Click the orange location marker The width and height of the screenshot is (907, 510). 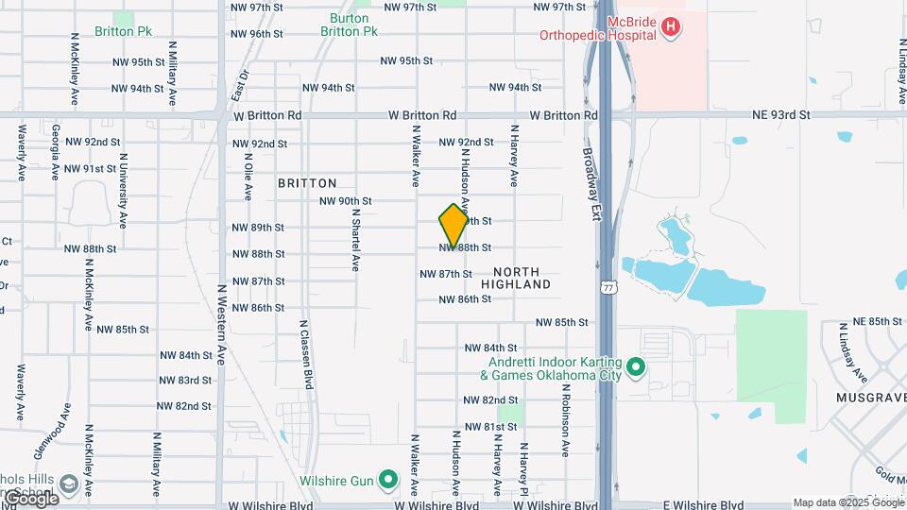[453, 226]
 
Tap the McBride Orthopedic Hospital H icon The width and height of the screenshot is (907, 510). [670, 26]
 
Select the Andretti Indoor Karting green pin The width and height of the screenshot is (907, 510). [636, 365]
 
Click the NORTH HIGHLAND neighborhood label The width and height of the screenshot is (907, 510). [516, 278]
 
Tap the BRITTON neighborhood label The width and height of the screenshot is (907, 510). [307, 183]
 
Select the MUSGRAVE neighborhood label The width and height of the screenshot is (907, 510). [870, 399]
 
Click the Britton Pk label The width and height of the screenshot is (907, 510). [123, 31]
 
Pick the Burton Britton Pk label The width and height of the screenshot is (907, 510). [354, 25]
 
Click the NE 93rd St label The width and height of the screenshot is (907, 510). [781, 115]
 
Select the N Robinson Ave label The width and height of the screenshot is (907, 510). [567, 419]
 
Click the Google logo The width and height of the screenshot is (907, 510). [30, 498]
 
